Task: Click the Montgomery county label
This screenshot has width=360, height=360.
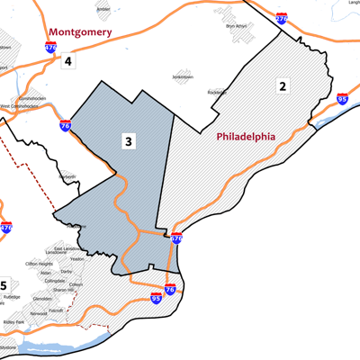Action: [x=79, y=32]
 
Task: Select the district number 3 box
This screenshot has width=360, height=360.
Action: [x=130, y=141]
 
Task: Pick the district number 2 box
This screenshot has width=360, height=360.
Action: [x=282, y=86]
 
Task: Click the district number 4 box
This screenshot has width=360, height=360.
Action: [x=67, y=62]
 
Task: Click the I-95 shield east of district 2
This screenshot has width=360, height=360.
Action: [x=342, y=99]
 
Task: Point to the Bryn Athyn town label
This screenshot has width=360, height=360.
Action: [x=235, y=26]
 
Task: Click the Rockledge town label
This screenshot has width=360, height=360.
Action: [x=242, y=92]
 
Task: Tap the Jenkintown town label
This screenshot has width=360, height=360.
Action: [x=183, y=78]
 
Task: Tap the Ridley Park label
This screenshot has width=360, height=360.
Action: [x=14, y=321]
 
